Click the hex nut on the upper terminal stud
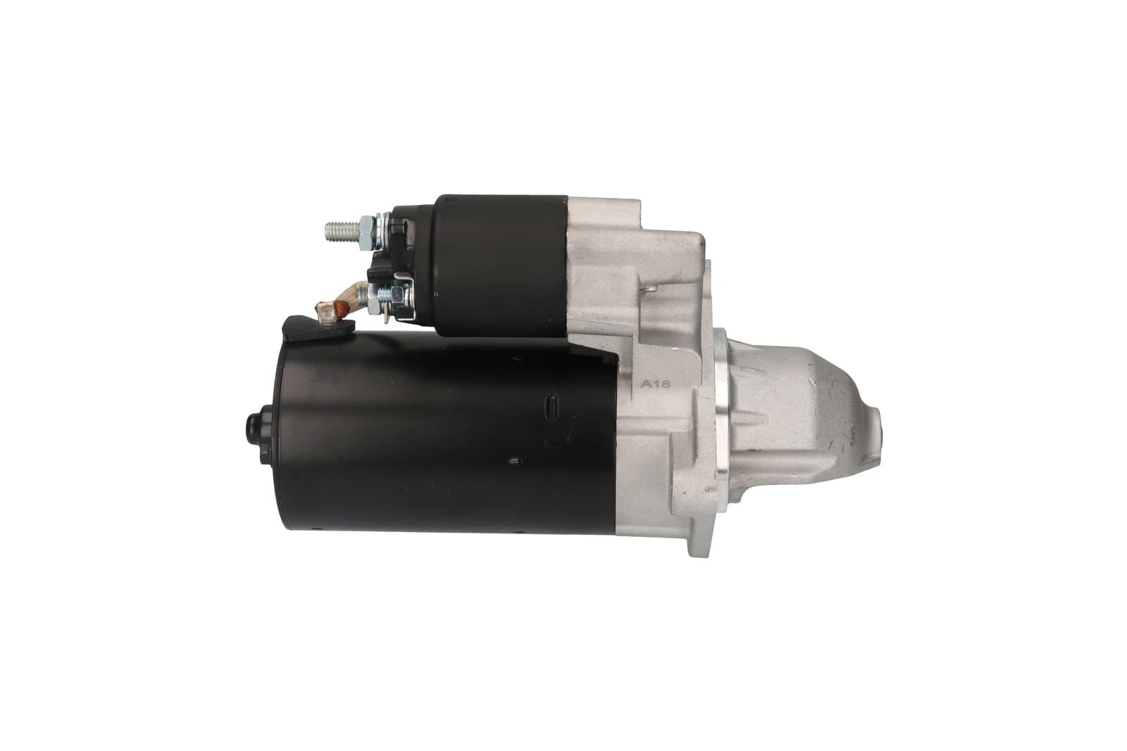pos(368,232)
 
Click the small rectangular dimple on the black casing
pos(514,460)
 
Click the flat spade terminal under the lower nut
pos(385,316)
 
